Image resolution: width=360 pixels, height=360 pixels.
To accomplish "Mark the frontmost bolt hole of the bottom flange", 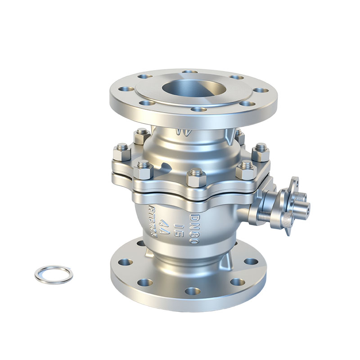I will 192,291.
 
